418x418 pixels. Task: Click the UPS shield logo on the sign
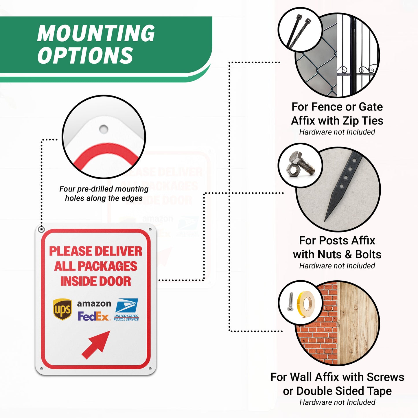tap(62, 309)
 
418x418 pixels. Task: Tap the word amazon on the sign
tap(94, 303)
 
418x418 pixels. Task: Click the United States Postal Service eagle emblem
tap(127, 305)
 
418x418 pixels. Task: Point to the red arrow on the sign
tap(96, 345)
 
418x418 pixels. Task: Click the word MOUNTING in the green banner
tap(96, 33)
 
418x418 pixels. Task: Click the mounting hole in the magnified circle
tap(104, 129)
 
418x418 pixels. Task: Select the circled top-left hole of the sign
tap(41, 229)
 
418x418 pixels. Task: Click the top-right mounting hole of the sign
tap(150, 229)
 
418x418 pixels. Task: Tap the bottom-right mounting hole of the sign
tap(150, 369)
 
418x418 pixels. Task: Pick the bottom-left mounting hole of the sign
tap(41, 369)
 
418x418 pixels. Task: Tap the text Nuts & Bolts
tap(349, 255)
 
